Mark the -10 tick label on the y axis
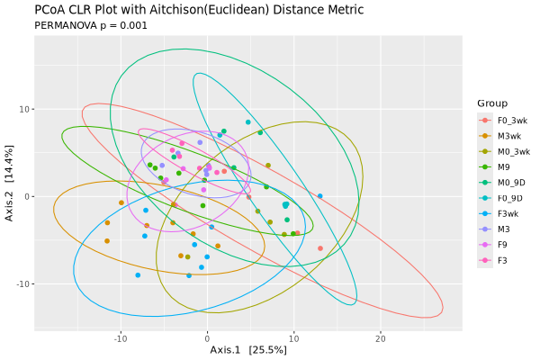click(x=22, y=283)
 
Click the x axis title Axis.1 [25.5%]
click(x=248, y=349)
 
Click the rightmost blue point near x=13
click(x=319, y=196)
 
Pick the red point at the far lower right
click(x=319, y=248)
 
